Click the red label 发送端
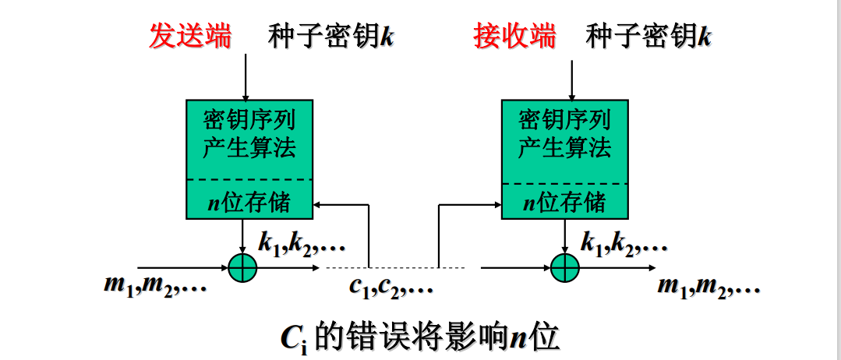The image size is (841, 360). pyautogui.click(x=190, y=35)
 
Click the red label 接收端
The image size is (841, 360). pyautogui.click(x=515, y=35)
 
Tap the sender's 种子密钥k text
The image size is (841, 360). pyautogui.click(x=331, y=36)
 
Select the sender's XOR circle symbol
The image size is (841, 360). pyautogui.click(x=242, y=267)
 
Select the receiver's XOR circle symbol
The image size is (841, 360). pyautogui.click(x=565, y=267)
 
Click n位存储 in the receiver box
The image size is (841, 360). pyautogui.click(x=564, y=203)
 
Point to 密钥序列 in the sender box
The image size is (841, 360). pyautogui.click(x=249, y=121)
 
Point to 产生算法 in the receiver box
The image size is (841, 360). pyautogui.click(x=564, y=147)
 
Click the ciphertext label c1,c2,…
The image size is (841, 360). pyautogui.click(x=390, y=286)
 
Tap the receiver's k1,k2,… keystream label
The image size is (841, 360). pyautogui.click(x=624, y=245)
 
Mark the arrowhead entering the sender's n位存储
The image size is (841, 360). pyautogui.click(x=318, y=205)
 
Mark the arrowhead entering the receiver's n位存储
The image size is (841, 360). pyautogui.click(x=496, y=205)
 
